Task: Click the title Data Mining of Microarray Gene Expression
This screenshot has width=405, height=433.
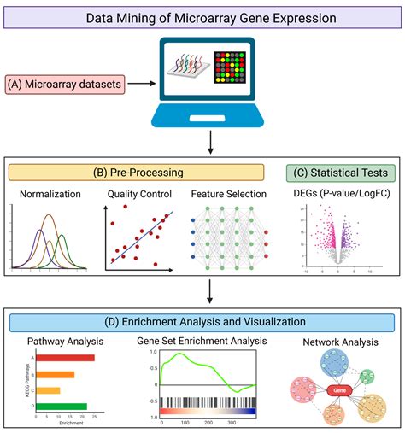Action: point(203,16)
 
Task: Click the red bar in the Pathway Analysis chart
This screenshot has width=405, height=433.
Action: point(58,358)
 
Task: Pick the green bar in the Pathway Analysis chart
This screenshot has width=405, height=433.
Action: point(55,407)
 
